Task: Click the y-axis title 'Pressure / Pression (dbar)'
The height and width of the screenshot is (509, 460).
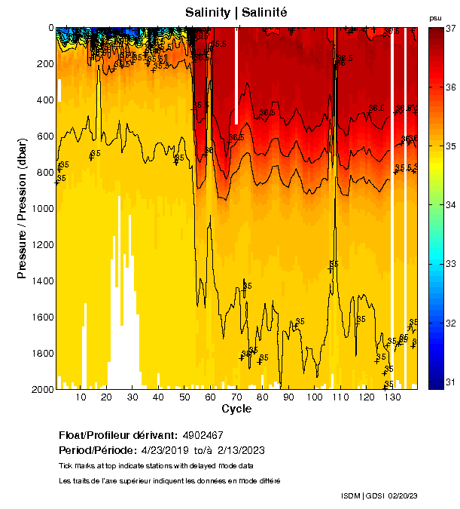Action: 23,209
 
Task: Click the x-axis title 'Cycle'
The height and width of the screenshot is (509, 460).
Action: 236,409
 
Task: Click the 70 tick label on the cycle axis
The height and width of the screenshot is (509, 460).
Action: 236,397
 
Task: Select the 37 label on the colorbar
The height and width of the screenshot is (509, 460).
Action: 452,28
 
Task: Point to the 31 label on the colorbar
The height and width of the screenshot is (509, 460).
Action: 452,382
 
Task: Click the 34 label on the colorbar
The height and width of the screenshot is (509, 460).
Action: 452,205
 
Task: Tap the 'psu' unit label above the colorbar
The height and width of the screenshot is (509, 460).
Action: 435,17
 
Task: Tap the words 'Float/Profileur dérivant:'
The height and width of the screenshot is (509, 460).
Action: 118,436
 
